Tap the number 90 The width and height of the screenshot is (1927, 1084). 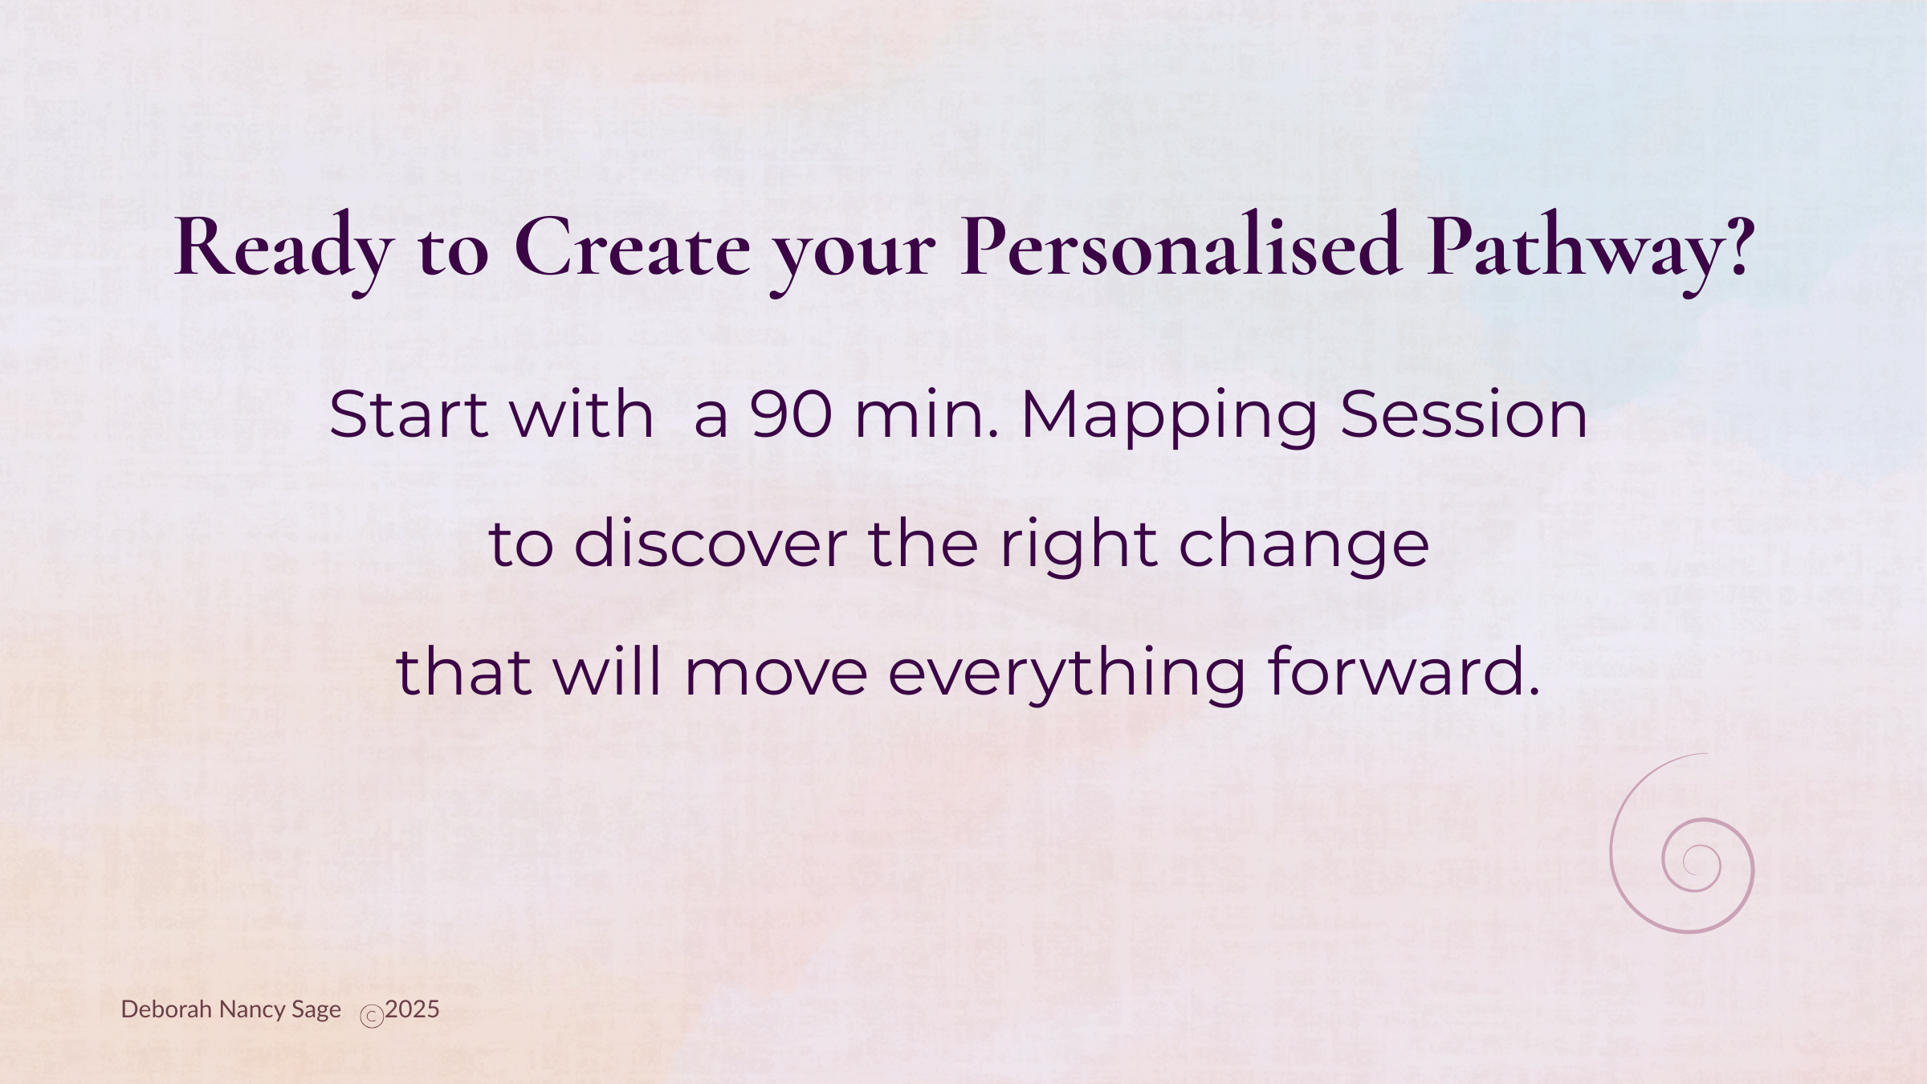[x=791, y=414]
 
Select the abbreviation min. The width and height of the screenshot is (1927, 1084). [x=927, y=414]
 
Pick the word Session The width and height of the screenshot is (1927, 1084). [x=1464, y=414]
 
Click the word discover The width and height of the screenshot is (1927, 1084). [x=711, y=543]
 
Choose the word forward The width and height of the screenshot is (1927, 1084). [x=1403, y=671]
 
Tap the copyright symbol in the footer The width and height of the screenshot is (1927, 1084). [x=372, y=1017]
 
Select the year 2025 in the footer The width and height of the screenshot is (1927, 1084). [x=412, y=1009]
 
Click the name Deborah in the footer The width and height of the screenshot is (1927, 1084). [x=166, y=1009]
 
